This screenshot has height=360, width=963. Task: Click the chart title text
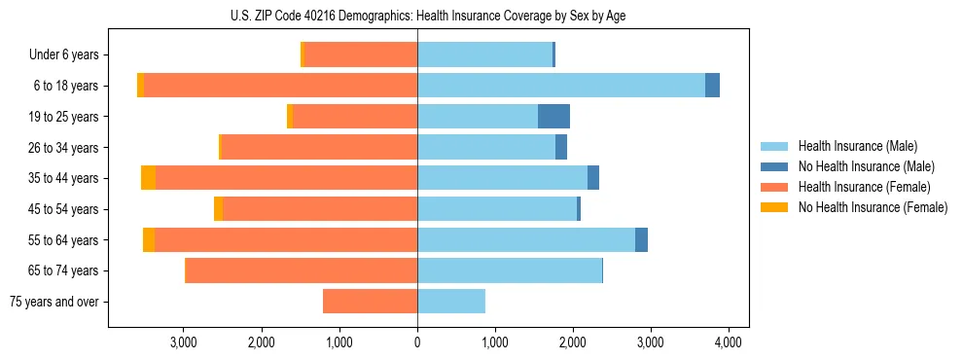[x=428, y=15]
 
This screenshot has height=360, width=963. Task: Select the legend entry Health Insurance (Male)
[x=857, y=146]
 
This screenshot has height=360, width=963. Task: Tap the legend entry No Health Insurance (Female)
[x=873, y=207]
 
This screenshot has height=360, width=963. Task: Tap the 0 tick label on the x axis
[x=417, y=342]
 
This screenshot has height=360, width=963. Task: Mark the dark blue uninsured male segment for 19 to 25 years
[x=553, y=117]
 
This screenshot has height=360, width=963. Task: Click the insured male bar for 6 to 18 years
[x=561, y=86]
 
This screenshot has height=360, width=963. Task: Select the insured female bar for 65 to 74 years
[x=302, y=270]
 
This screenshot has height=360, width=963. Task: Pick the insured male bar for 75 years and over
[x=451, y=302]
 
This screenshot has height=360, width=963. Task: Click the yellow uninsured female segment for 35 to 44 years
[x=148, y=178]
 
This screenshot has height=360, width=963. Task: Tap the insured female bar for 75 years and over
[x=370, y=302]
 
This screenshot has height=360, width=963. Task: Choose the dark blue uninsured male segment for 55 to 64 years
[x=641, y=240]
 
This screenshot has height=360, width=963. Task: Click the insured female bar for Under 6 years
[x=361, y=54]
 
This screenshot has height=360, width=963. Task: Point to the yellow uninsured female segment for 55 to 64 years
[x=149, y=240]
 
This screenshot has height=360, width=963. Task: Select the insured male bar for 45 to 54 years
[x=497, y=209]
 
